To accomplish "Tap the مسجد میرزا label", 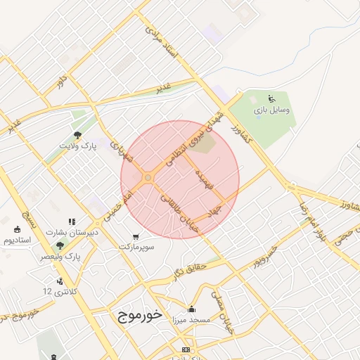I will click(x=192, y=319).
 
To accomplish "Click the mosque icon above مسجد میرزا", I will click(x=192, y=308).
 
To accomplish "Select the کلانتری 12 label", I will click(x=58, y=291).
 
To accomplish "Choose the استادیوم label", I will click(x=19, y=240).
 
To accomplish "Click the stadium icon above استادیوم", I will click(x=17, y=229).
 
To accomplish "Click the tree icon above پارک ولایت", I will click(x=77, y=134).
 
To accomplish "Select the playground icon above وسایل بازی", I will click(x=273, y=98).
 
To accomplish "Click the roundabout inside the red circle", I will click(x=148, y=179).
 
